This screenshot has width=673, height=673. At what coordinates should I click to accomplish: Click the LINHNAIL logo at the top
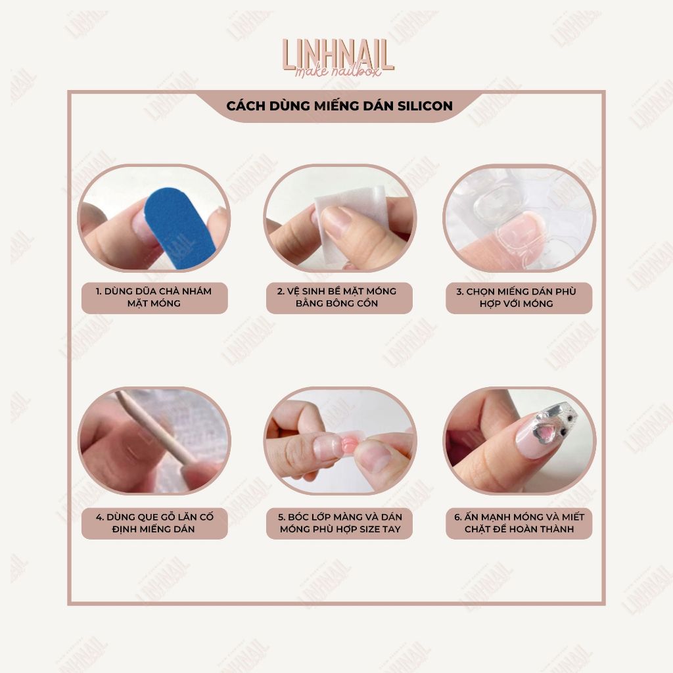pos(338,58)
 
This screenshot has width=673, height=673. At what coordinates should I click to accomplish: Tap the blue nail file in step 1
pos(175,228)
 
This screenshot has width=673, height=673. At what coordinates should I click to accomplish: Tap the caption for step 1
pos(154,298)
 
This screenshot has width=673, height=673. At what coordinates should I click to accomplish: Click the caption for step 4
pos(154,523)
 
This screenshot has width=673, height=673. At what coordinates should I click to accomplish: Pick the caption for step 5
pos(340,523)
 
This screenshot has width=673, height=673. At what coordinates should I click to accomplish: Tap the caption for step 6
pos(519,523)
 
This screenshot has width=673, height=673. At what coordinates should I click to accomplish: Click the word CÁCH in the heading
pos(246,106)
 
